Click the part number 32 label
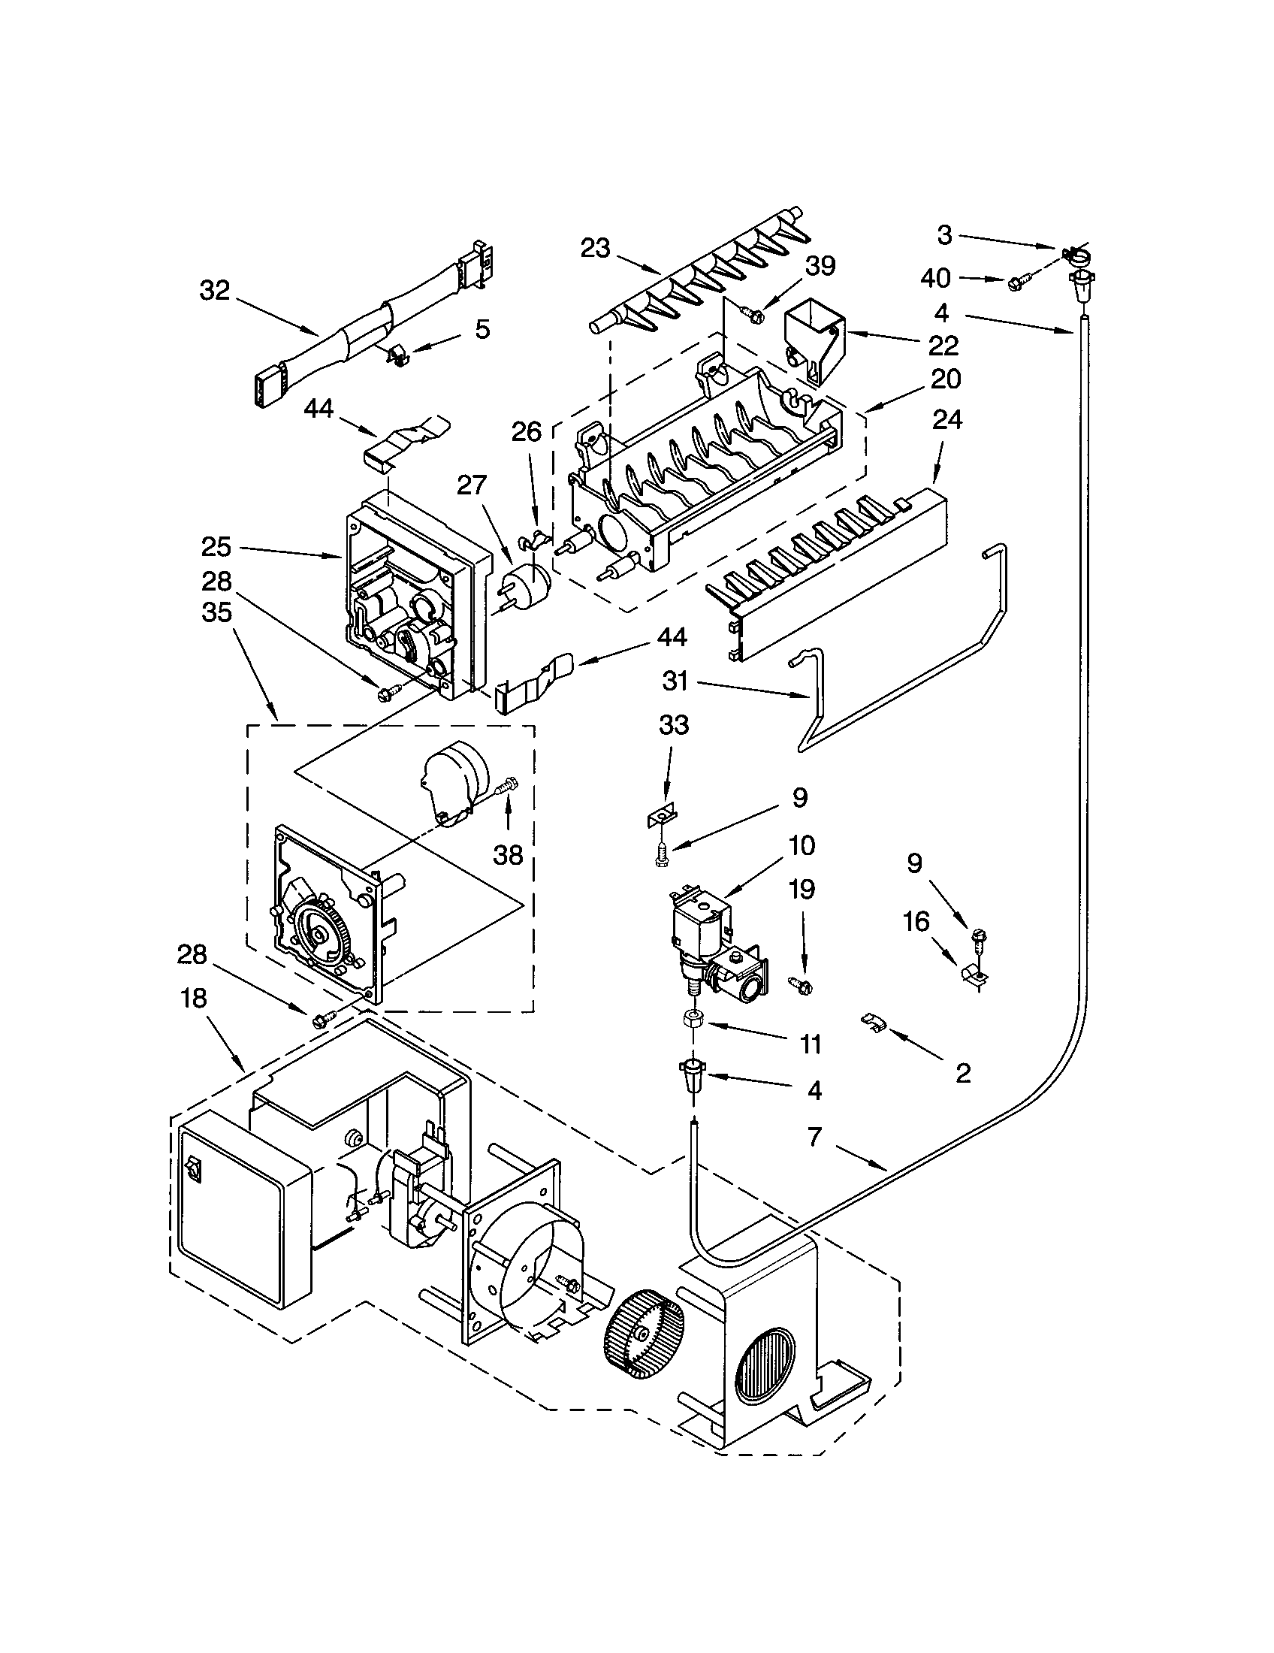click(215, 290)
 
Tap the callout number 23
click(596, 248)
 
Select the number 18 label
click(194, 999)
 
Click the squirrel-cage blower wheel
click(645, 1334)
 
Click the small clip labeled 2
click(873, 1023)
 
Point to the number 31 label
click(675, 681)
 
